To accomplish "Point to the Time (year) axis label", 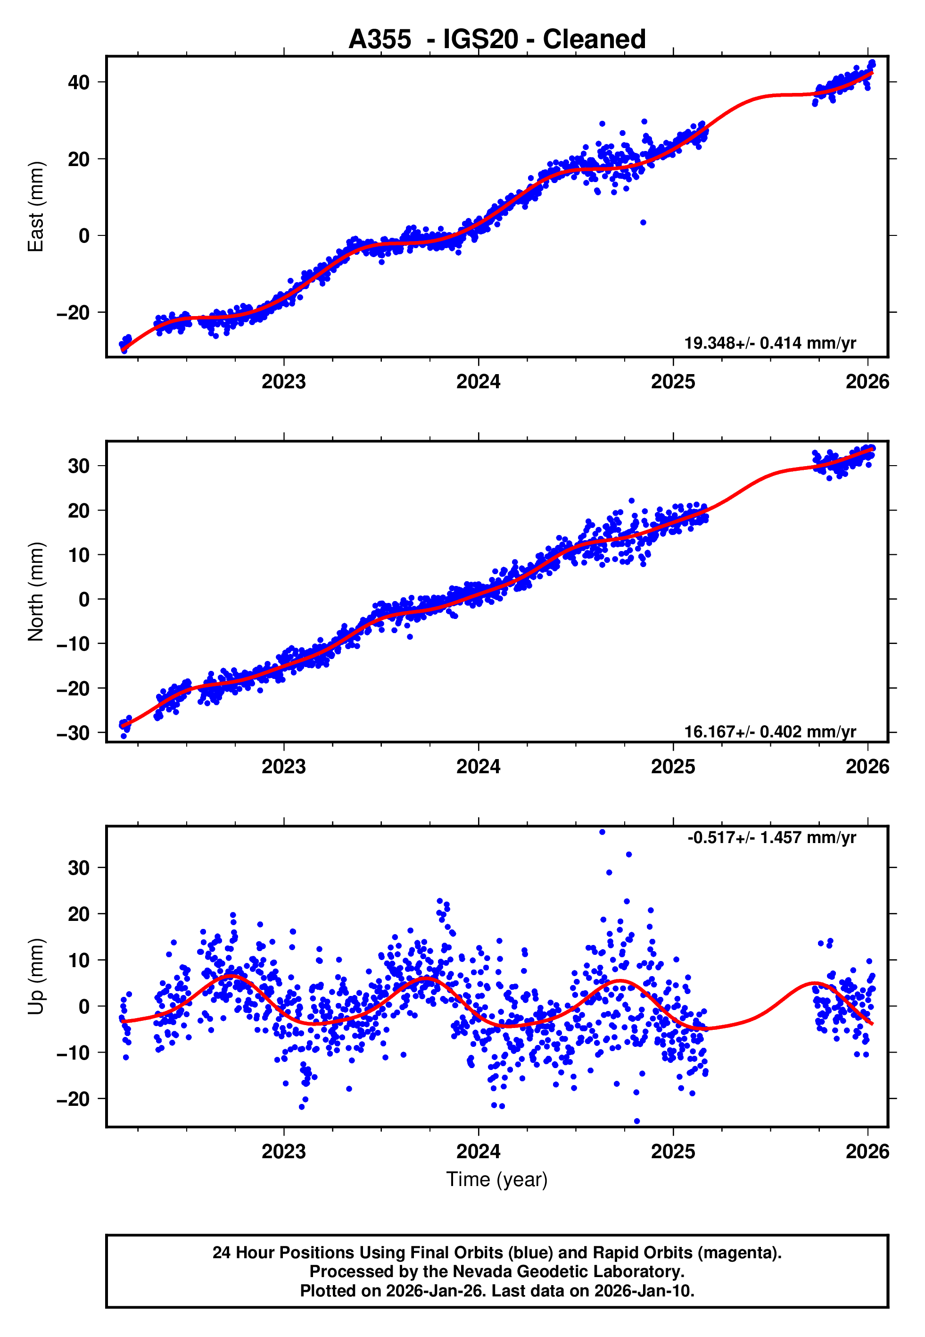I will click(x=497, y=1179).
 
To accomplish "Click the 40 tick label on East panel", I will click(x=79, y=83).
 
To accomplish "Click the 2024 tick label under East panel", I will click(x=478, y=382).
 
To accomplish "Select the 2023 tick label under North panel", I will click(x=283, y=767).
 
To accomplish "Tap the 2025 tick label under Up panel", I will click(x=673, y=1152).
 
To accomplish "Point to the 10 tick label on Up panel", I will click(x=79, y=960).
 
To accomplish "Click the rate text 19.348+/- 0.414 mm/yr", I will click(x=770, y=343).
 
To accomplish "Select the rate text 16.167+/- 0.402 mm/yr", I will click(x=770, y=732).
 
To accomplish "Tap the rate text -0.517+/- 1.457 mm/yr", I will click(x=771, y=838).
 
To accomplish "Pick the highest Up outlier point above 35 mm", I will click(x=602, y=832).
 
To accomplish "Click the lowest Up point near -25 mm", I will click(x=637, y=1121).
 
